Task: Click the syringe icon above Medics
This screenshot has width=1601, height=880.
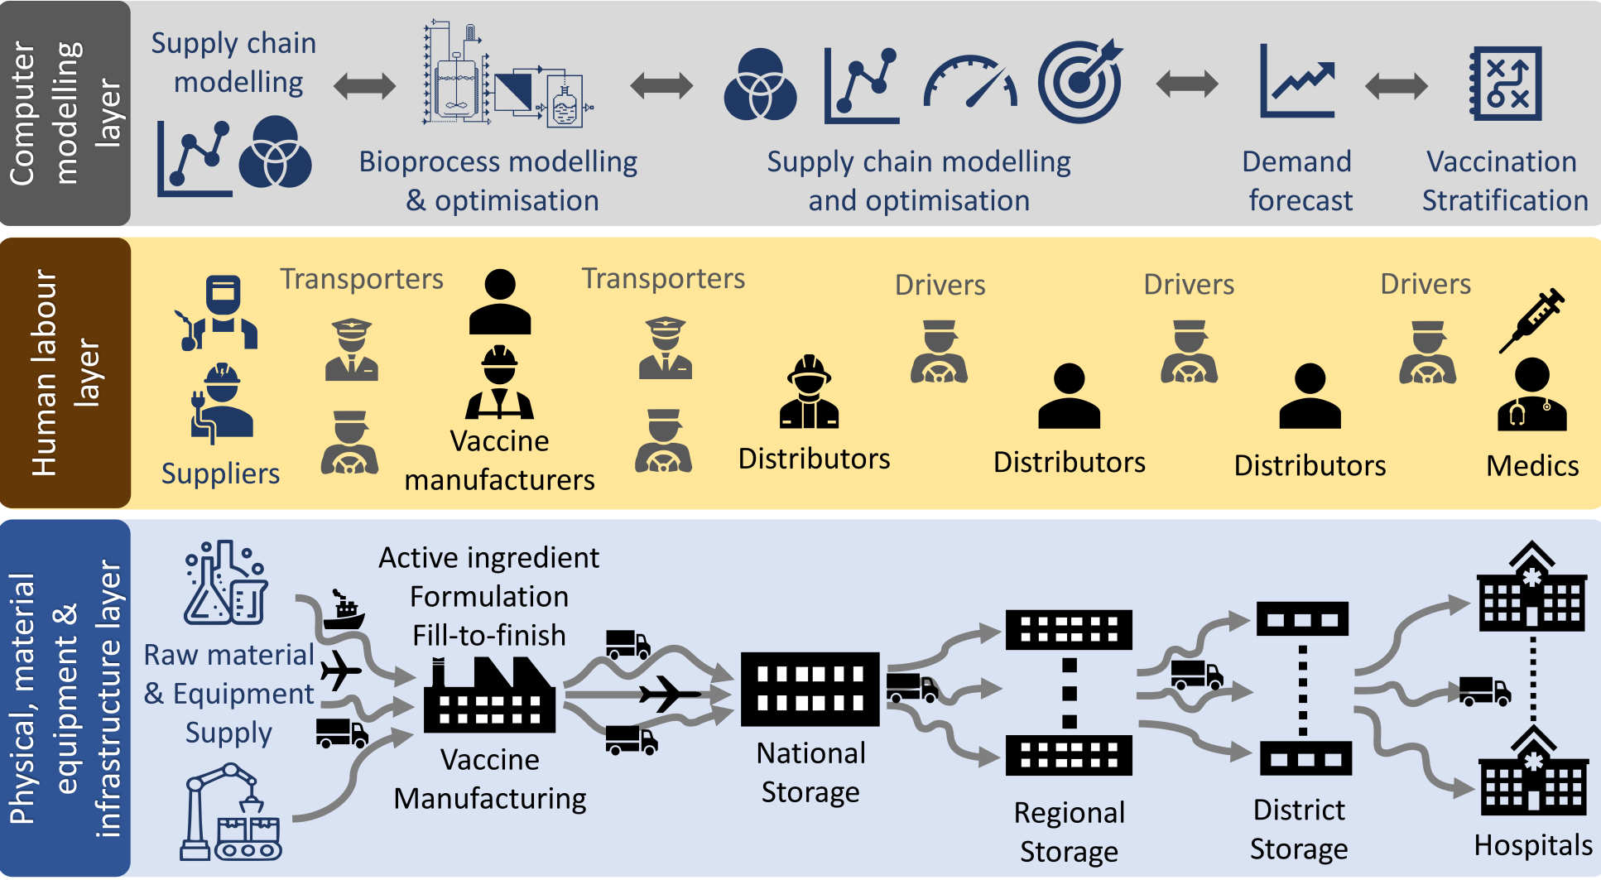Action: [x=1531, y=320]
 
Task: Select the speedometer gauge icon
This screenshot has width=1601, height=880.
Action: [x=969, y=84]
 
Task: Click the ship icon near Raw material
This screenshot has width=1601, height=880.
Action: [x=344, y=611]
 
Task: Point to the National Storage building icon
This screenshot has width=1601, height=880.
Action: [x=810, y=689]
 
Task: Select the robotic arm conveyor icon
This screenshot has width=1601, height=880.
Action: [x=231, y=813]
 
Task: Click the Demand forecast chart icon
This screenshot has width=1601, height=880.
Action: [x=1296, y=82]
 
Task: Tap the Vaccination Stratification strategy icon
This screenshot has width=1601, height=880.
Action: [x=1505, y=84]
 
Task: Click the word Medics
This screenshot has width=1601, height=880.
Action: [x=1532, y=466]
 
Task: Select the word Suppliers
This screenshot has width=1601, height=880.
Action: [x=220, y=474]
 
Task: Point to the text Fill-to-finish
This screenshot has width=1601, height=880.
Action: [x=489, y=635]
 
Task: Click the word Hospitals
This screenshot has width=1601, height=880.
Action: [x=1533, y=845]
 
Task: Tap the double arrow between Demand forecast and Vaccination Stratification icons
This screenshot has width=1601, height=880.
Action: [x=1397, y=84]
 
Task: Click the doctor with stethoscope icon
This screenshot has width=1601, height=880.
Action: [x=1531, y=395]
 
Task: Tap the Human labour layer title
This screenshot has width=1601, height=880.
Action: [x=65, y=373]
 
